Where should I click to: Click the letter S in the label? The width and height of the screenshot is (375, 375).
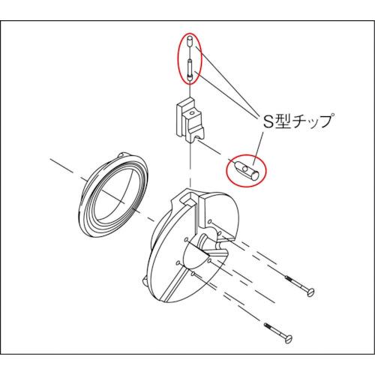pyautogui.click(x=265, y=121)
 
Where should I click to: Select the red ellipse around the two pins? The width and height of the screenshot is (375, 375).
pyautogui.click(x=180, y=56)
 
